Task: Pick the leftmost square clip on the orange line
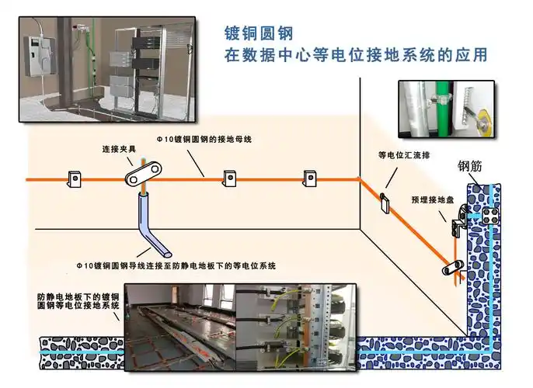coord(75,178)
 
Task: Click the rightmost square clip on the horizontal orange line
coord(308,178)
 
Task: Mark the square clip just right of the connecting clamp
coord(231,178)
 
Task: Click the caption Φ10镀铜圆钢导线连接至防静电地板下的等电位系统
coord(176,266)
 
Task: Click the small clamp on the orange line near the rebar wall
coord(452,268)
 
